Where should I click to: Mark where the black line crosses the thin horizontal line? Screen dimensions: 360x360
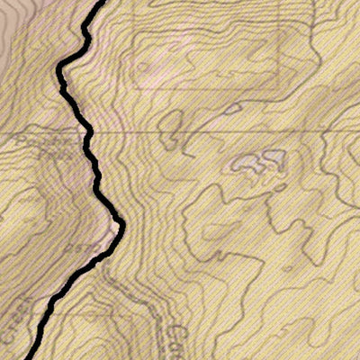[88, 133]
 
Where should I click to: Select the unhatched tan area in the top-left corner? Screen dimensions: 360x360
[18, 27]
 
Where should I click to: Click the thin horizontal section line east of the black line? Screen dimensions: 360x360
[225, 133]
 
